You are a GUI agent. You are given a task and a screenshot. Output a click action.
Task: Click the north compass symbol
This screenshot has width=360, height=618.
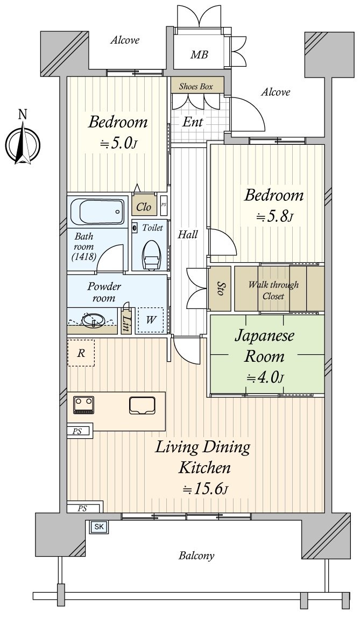23,143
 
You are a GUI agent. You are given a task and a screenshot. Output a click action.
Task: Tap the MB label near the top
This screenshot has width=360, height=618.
199,55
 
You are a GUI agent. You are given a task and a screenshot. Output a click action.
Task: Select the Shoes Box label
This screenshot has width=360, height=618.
196,86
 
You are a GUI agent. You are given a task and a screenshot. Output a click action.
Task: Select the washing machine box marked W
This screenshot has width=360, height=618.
151,321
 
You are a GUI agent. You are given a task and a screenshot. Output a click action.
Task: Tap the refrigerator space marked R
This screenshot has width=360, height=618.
81,353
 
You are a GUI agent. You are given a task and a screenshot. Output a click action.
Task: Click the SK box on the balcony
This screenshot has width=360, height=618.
99,526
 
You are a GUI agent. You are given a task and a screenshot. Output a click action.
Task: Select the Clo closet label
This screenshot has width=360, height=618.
144,207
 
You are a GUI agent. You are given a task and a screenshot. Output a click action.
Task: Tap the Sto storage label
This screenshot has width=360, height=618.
220,288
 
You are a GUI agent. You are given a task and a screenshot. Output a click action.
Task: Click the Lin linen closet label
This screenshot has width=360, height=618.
126,322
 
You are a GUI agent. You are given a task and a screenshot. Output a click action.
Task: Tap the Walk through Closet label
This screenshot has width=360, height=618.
273,290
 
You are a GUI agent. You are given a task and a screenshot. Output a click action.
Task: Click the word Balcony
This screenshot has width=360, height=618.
196,556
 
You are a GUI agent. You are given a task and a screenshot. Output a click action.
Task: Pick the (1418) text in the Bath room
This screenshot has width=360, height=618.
83,257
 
